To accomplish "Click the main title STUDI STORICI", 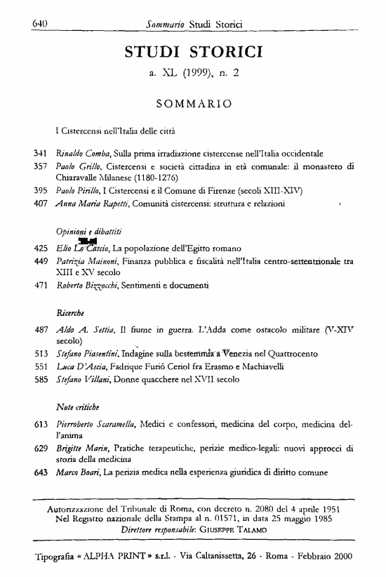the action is pyautogui.click(x=194, y=50).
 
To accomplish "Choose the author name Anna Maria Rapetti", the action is pyautogui.click(x=82, y=204).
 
